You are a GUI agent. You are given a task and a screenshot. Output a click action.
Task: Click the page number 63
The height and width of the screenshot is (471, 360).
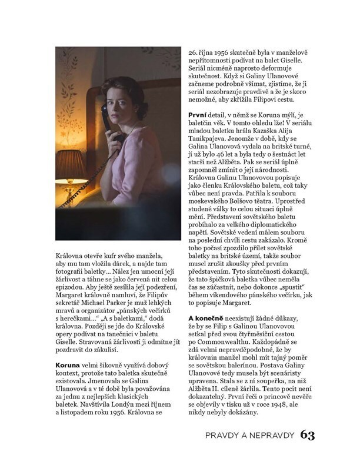(308, 435)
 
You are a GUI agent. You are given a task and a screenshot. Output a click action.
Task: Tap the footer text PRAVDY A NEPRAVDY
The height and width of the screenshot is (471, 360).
(249, 436)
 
